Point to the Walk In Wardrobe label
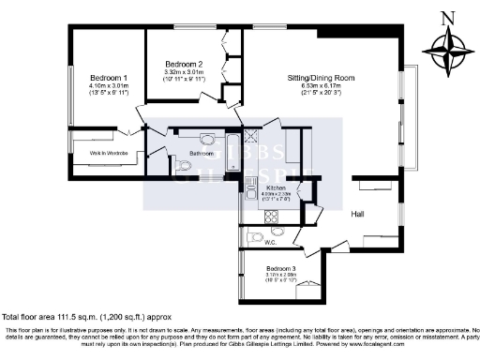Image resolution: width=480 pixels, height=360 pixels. (x=110, y=151)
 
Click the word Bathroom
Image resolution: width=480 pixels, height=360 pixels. (x=202, y=152)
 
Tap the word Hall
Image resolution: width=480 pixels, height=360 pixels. (x=356, y=214)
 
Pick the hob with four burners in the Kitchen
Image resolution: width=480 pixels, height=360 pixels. (x=274, y=216)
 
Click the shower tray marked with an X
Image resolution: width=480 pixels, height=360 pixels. (x=250, y=137)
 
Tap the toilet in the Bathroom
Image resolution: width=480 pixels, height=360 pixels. (x=185, y=166)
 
